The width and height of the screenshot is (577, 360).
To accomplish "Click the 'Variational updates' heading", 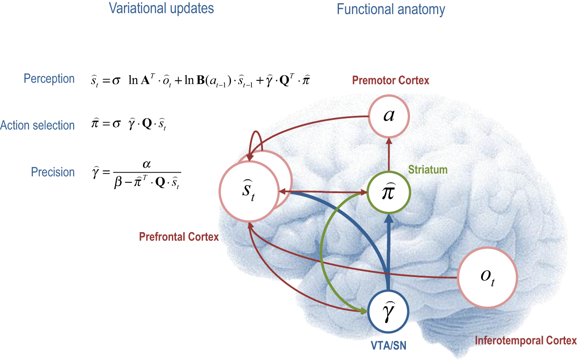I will pos(161,8).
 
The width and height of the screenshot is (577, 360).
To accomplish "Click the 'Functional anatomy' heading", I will pos(391,9).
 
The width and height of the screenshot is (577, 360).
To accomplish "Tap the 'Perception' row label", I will pos(49,79).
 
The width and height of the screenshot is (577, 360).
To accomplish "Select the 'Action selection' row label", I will pos(37,126).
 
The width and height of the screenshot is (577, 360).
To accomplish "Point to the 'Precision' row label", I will pos(53,172).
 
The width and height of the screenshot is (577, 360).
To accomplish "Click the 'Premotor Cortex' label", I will pos(390,81).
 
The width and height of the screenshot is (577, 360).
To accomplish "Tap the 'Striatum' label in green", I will pos(428,170).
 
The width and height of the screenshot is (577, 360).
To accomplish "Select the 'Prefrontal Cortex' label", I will pos(179,237).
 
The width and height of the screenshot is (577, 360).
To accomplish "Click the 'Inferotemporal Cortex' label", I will pos(526,341).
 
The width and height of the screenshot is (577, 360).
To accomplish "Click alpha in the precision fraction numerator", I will pos(147,165).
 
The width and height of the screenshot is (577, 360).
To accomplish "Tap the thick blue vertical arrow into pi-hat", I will pos(389,249).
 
